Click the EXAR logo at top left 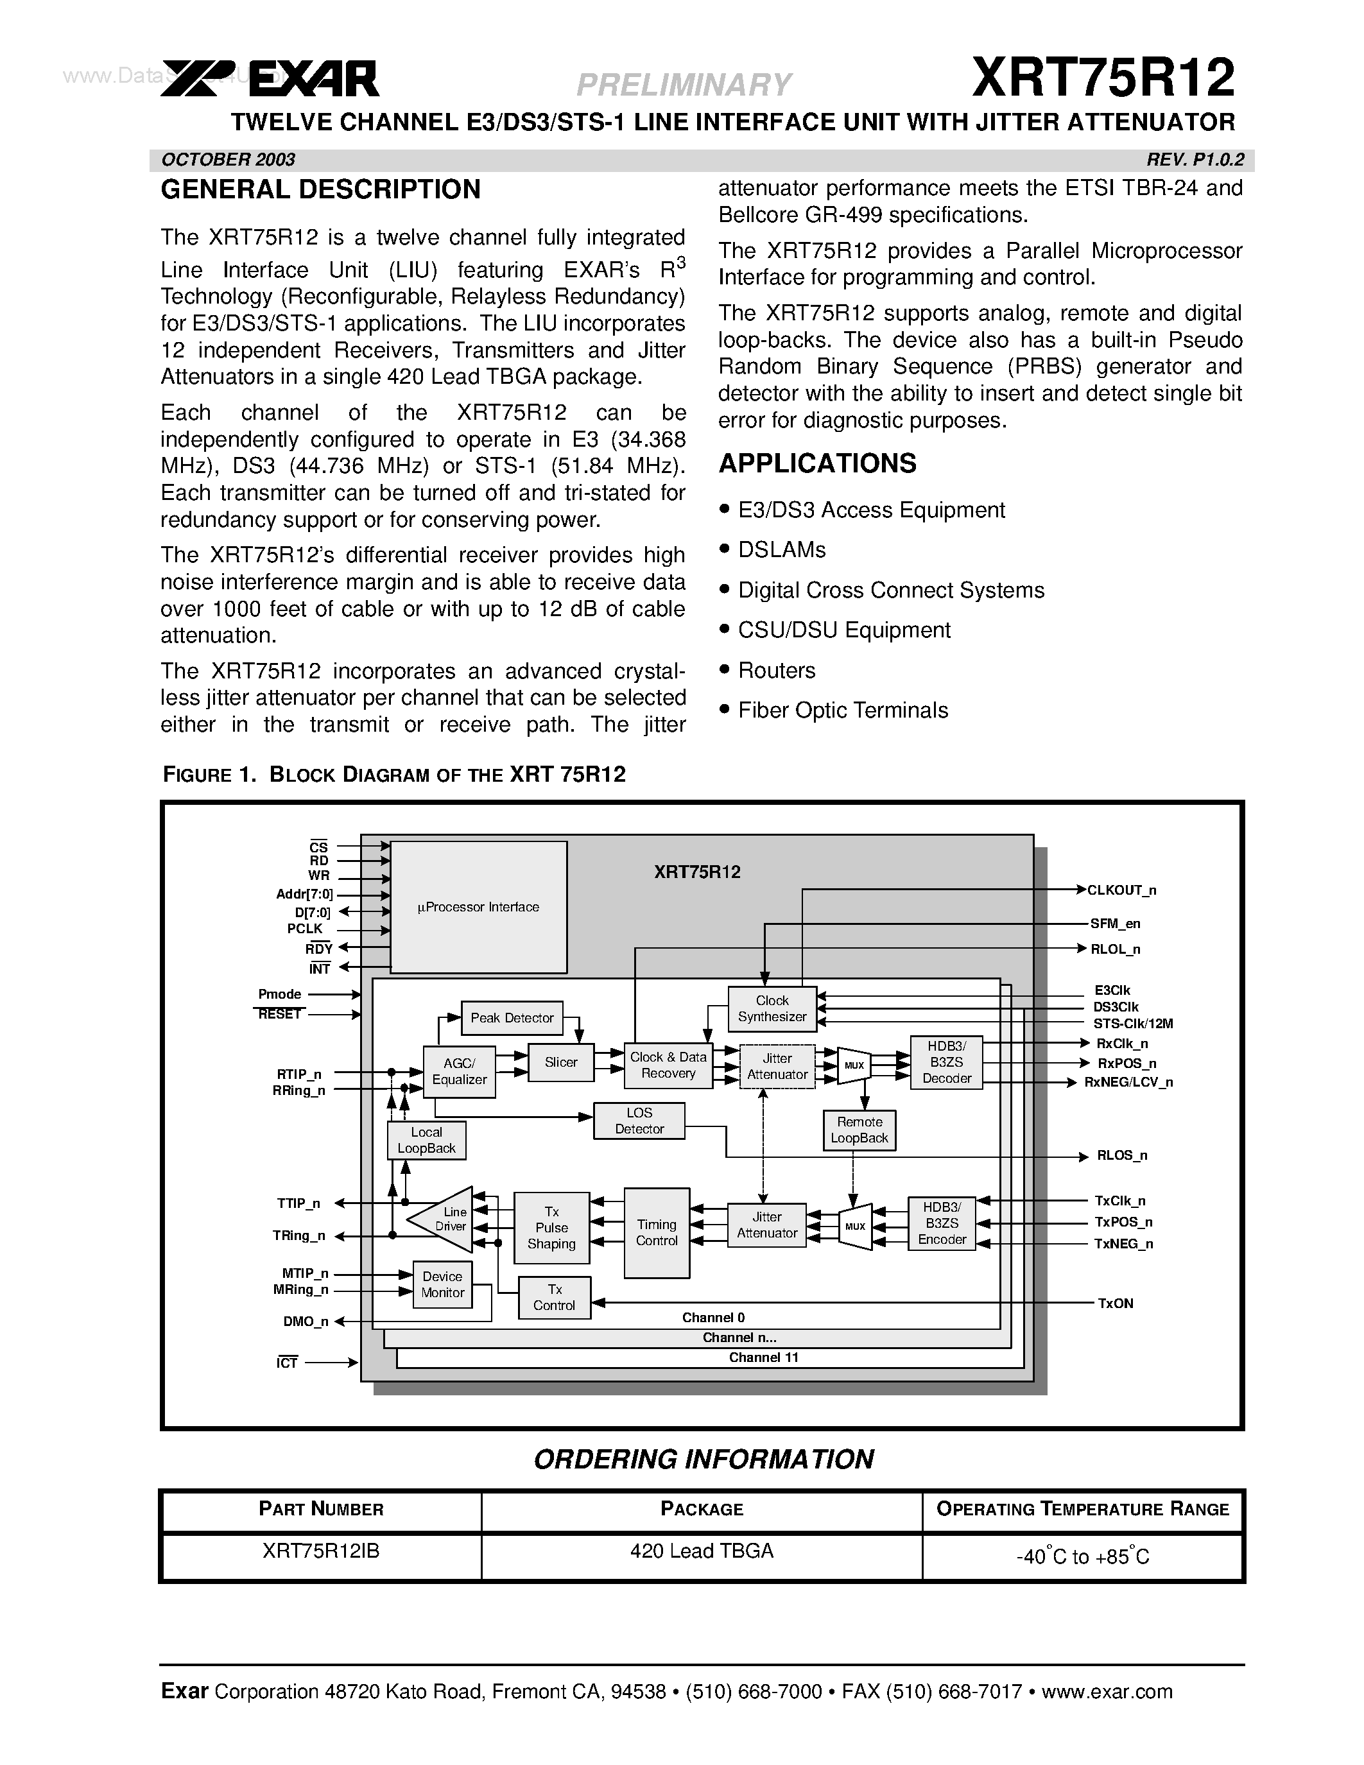(270, 79)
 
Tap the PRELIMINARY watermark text (684, 84)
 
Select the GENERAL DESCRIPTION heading (321, 190)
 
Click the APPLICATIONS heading (817, 464)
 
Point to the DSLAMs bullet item (781, 550)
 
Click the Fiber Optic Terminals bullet (842, 710)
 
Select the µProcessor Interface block (478, 907)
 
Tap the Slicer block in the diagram (561, 1063)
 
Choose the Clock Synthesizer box (772, 1008)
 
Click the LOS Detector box (639, 1121)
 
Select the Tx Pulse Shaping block (551, 1228)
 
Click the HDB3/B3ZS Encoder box (942, 1223)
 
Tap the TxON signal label (1115, 1304)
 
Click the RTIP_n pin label (299, 1074)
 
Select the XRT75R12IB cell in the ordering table (321, 1551)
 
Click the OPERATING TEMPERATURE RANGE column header (1082, 1509)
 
